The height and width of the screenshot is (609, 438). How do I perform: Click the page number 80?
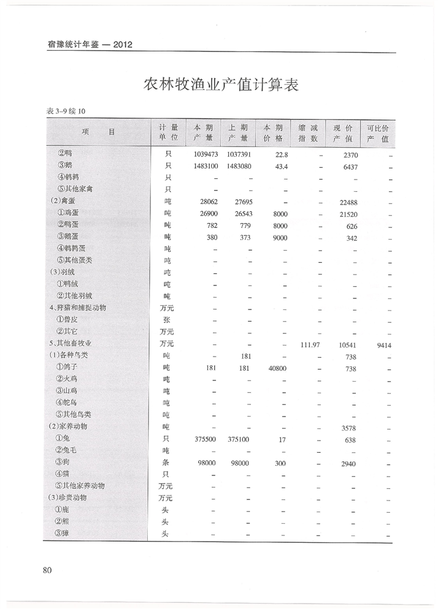[x=47, y=570]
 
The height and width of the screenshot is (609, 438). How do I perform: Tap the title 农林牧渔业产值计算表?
[x=221, y=85]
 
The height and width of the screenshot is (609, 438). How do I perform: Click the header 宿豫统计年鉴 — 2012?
[x=90, y=45]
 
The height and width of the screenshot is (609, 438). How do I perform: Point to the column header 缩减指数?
[x=307, y=133]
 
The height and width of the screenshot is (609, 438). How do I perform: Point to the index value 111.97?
[x=307, y=345]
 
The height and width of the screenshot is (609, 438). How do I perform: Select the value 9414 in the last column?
[x=380, y=345]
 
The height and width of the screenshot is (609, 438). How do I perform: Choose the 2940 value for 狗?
[x=348, y=463]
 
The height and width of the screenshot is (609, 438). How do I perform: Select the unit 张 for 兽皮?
[x=166, y=320]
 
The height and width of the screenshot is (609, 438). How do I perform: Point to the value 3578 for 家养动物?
[x=348, y=428]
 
